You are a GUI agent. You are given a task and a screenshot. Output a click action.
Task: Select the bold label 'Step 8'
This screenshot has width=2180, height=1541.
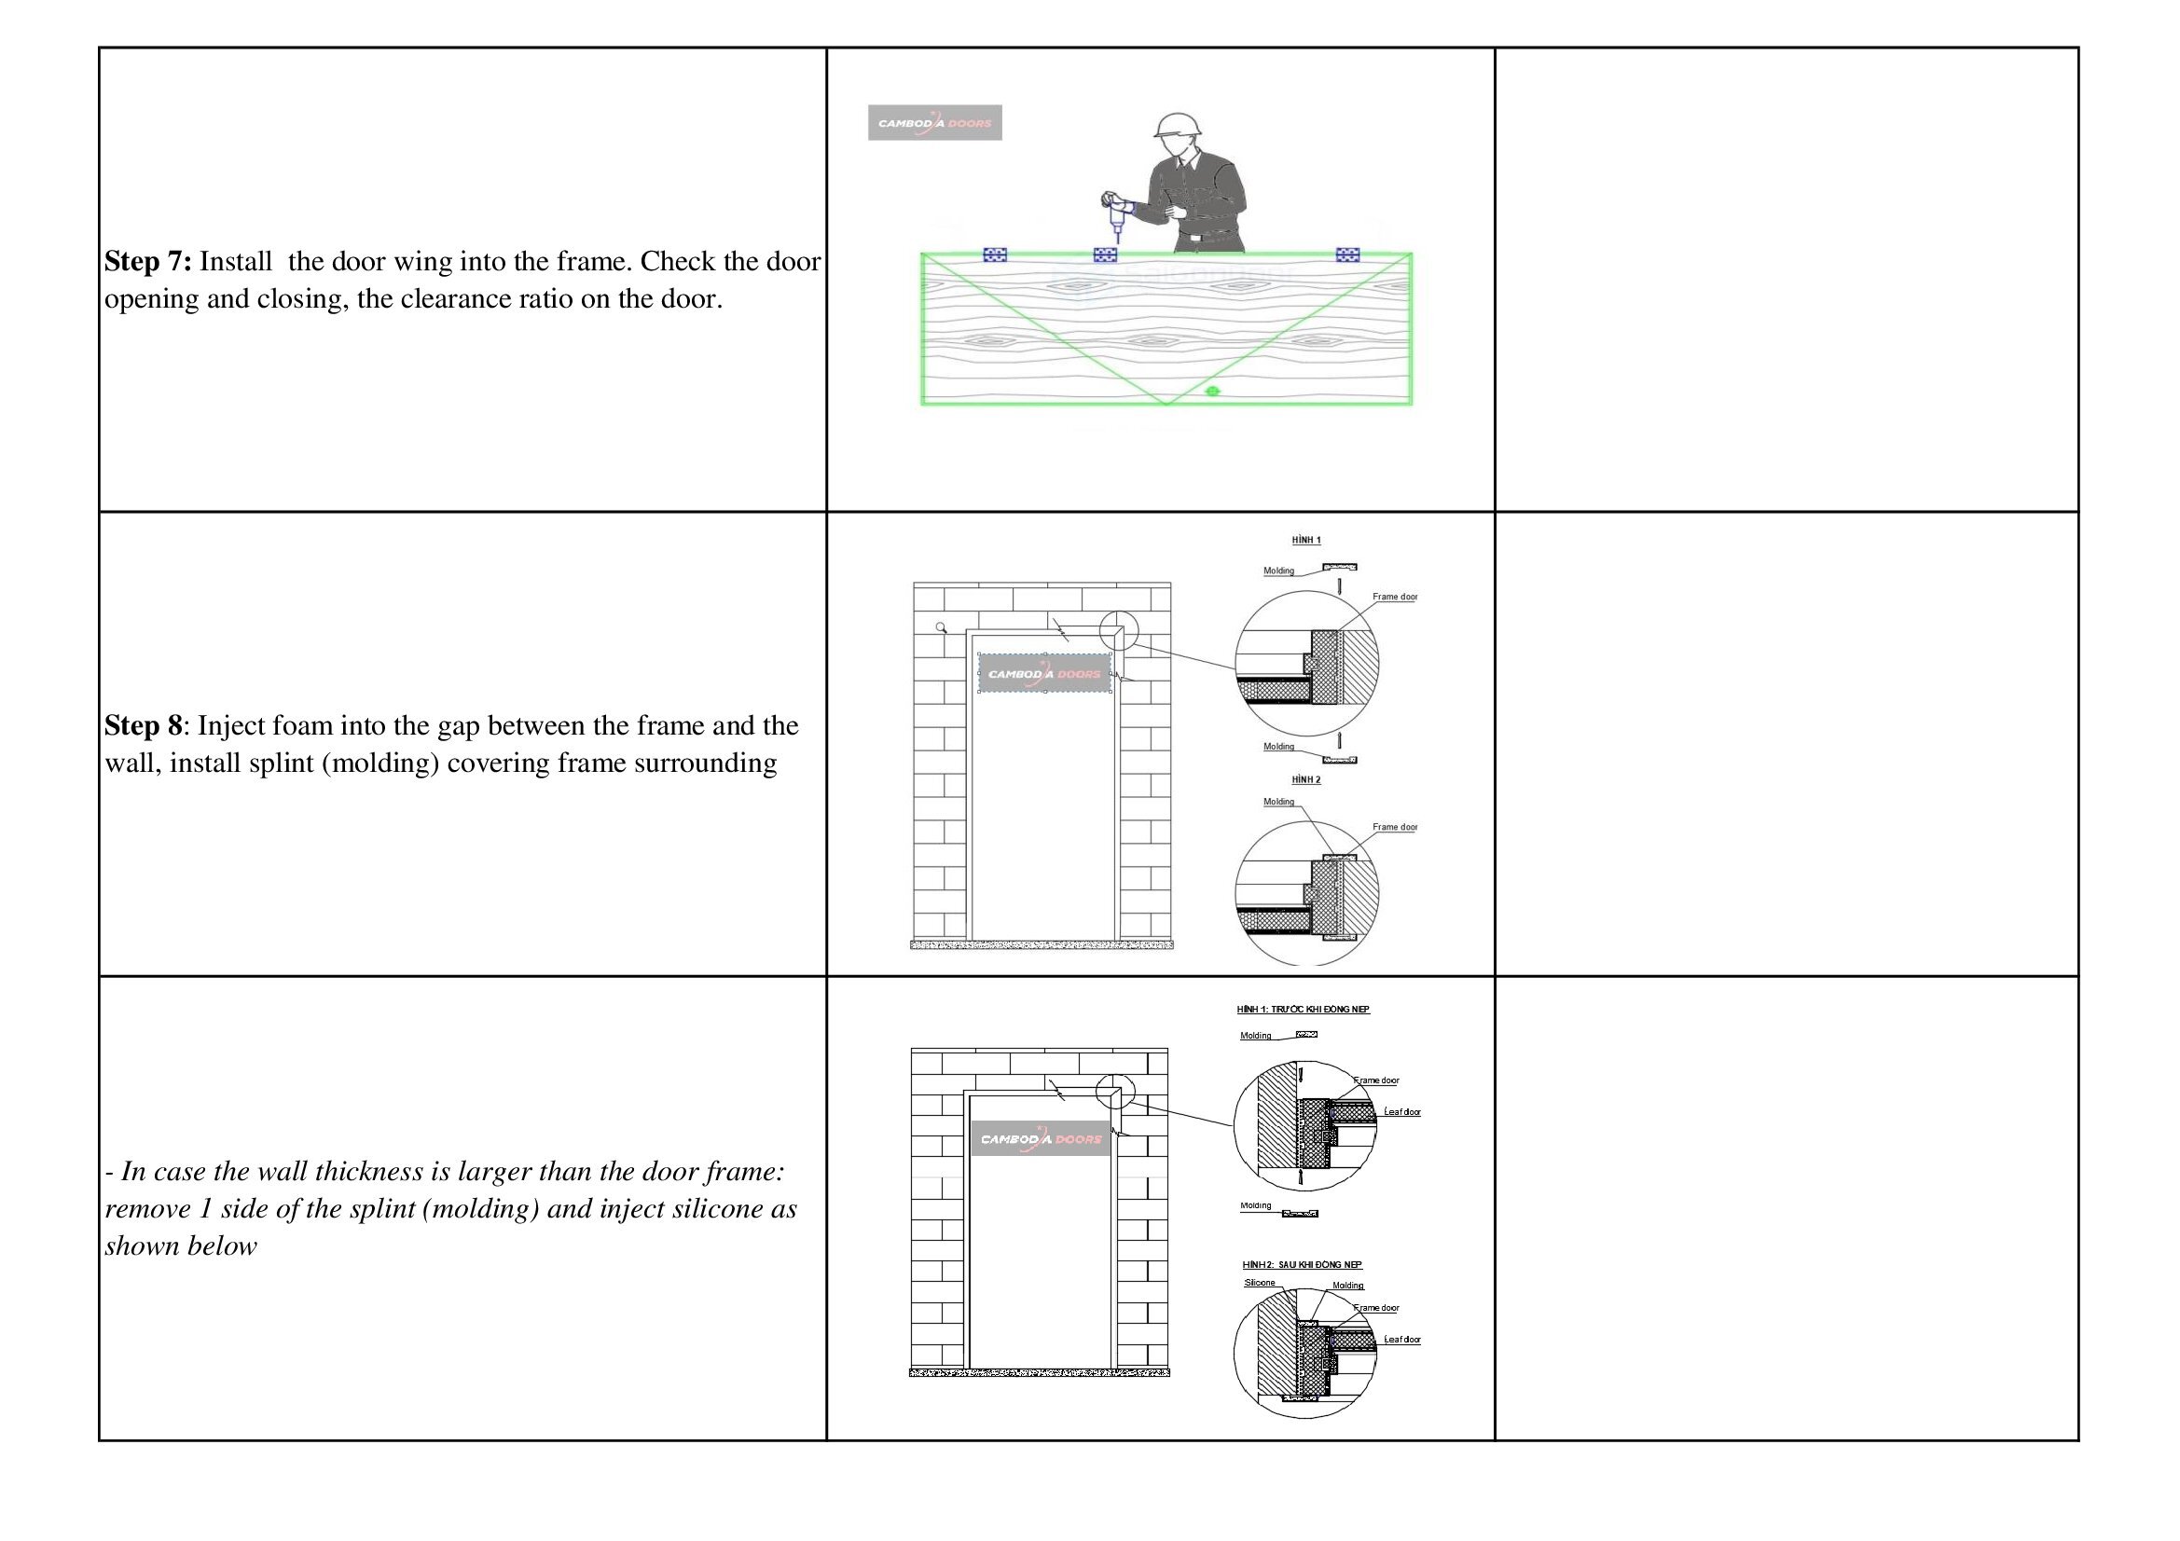[143, 725]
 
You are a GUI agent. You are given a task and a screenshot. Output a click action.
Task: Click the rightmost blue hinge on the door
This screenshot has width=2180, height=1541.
[1347, 255]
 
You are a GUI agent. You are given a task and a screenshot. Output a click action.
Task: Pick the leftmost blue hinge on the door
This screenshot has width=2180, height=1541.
[994, 255]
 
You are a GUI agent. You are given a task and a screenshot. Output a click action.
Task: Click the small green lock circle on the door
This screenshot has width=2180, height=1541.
[1211, 392]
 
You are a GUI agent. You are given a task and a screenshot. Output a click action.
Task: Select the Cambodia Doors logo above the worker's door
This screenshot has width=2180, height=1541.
[934, 122]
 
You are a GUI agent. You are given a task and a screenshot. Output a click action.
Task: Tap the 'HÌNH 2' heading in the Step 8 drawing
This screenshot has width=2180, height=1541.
[1306, 779]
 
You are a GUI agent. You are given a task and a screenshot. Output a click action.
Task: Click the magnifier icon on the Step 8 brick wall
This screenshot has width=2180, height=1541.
[941, 627]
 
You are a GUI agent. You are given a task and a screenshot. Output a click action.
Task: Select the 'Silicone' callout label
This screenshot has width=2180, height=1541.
[1260, 1283]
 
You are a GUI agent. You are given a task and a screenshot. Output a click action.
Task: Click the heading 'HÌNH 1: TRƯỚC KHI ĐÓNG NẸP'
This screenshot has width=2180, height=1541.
[1303, 1010]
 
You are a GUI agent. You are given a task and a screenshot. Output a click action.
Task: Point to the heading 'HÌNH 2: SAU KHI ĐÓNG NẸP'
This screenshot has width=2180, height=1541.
[1302, 1265]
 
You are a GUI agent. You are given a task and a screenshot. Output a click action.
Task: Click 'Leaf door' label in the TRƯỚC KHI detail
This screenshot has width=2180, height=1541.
[1402, 1112]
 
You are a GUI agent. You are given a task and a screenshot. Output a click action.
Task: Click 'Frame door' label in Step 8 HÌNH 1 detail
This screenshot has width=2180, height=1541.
[1394, 598]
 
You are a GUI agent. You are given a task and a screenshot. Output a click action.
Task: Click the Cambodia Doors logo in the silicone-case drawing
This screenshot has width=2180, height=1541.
[1041, 1138]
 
